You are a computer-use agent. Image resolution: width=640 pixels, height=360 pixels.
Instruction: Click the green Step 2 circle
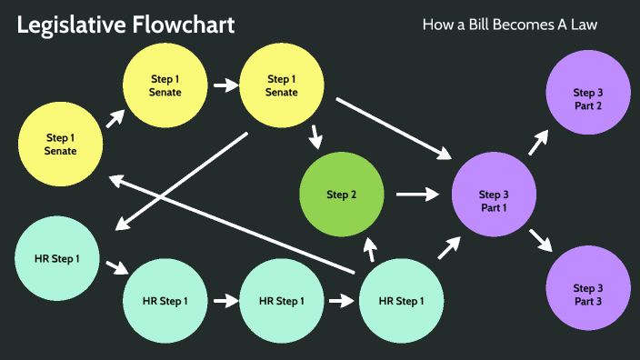pos(342,194)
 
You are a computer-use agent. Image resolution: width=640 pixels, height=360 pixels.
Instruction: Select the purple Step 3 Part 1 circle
pos(494,195)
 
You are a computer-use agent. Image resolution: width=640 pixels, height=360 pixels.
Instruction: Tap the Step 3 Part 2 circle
pos(587,98)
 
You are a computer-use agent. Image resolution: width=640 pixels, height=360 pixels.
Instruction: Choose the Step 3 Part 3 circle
pos(587,294)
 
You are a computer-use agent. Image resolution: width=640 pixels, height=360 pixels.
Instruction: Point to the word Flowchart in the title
pos(185,25)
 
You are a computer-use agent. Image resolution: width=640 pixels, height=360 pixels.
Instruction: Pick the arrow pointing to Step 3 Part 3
pos(540,239)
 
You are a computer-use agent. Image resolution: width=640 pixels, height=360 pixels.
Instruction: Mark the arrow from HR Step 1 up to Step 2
pos(369,247)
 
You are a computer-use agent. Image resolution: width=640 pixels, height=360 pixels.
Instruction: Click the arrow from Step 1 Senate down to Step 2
pos(315,135)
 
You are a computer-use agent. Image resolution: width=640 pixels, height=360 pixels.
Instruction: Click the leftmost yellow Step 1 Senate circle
pos(61,144)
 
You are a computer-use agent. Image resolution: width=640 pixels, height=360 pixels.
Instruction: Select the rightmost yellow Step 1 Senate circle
pos(281,85)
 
